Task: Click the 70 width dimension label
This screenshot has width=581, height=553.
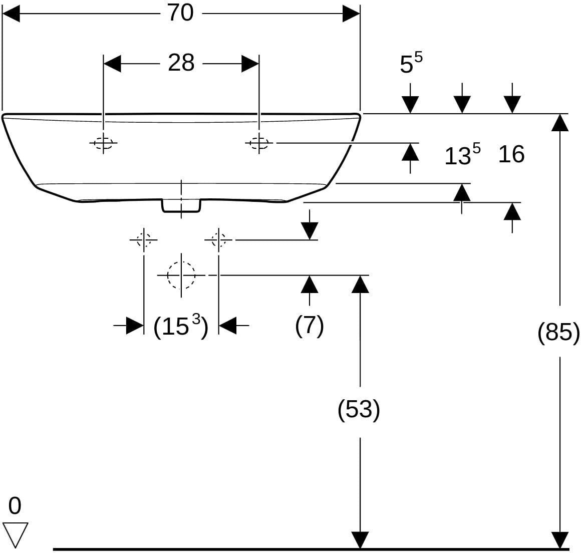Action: tap(181, 13)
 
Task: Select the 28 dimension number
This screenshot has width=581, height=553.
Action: tap(181, 63)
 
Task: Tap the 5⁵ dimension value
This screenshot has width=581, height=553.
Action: tap(411, 63)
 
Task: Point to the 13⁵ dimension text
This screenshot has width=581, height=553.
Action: tap(462, 154)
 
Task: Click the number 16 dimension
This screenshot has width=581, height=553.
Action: tap(511, 154)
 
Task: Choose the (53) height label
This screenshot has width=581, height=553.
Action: tap(359, 410)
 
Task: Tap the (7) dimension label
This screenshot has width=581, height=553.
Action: tap(310, 326)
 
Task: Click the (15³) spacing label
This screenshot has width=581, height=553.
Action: tap(181, 326)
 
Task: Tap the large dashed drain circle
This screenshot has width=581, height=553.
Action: tap(181, 275)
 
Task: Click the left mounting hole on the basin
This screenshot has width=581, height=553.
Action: tap(103, 143)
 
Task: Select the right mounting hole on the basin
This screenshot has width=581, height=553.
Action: tap(259, 143)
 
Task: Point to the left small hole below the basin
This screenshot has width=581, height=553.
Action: tap(144, 240)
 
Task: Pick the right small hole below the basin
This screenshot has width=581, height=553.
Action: tap(218, 240)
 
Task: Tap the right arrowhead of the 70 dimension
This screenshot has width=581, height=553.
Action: tap(351, 14)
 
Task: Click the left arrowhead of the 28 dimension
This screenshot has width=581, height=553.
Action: tap(112, 64)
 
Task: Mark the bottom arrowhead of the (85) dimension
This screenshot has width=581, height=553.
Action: tap(559, 540)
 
